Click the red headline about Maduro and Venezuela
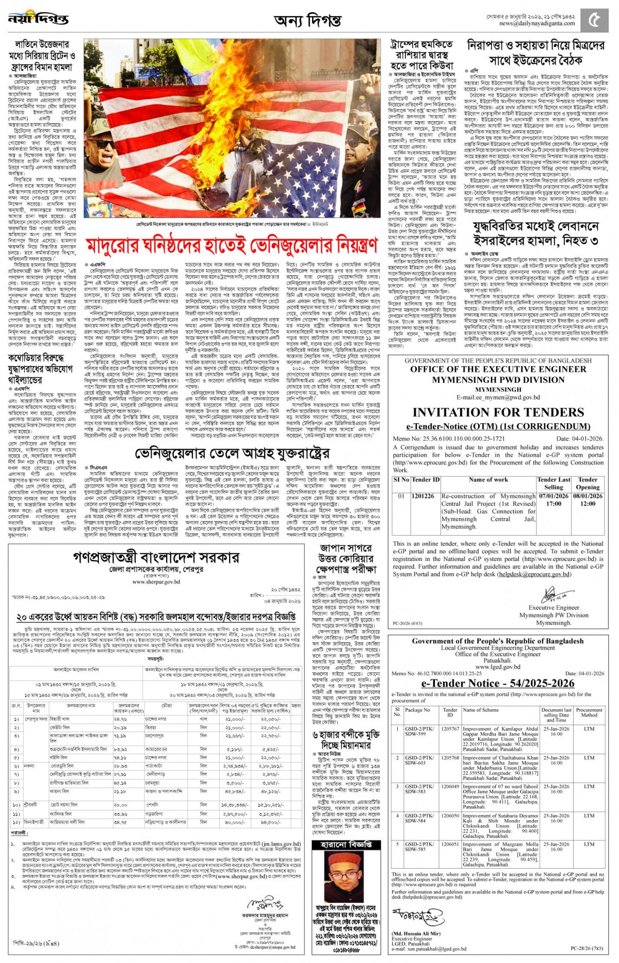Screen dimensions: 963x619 point(232,246)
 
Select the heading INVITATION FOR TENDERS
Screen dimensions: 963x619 point(498,412)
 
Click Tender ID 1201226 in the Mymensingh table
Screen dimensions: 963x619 point(423,496)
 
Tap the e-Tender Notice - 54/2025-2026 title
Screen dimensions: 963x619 point(498,683)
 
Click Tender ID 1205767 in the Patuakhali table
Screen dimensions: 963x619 point(450,729)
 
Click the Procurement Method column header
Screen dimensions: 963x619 point(589,712)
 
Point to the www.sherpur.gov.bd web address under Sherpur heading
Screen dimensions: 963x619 point(156,582)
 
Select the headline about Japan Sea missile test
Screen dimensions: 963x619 point(346,558)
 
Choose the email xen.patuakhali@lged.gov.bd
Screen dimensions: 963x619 point(429,949)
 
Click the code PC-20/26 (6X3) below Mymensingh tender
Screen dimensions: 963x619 point(408,623)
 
